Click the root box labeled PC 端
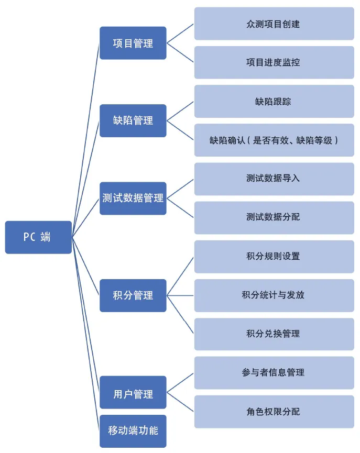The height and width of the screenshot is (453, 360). point(38,237)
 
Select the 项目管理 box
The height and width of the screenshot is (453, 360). point(133,43)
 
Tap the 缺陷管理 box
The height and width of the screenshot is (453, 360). point(133,120)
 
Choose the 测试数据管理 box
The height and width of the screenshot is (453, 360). point(133,198)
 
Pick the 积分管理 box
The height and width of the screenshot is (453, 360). point(133,295)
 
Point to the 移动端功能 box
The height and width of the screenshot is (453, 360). point(133,431)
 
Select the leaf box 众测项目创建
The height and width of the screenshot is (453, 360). point(274,24)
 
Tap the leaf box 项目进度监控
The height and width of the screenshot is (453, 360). point(274,62)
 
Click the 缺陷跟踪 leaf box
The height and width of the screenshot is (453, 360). point(274,101)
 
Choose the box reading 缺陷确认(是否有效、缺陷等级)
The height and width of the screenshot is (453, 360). point(274,140)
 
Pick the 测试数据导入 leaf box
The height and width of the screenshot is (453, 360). point(274,179)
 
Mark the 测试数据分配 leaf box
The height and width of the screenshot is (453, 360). point(274,217)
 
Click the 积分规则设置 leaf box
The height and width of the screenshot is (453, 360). point(274,257)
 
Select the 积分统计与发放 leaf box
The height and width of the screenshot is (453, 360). point(274,295)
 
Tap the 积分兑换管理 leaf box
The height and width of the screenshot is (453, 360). point(274,334)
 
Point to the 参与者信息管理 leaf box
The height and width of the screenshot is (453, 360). point(274,373)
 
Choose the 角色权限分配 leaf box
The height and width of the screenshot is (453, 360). point(274,412)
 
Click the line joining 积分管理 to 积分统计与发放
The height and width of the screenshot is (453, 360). point(180,295)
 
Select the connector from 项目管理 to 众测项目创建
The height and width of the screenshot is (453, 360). point(180,34)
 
